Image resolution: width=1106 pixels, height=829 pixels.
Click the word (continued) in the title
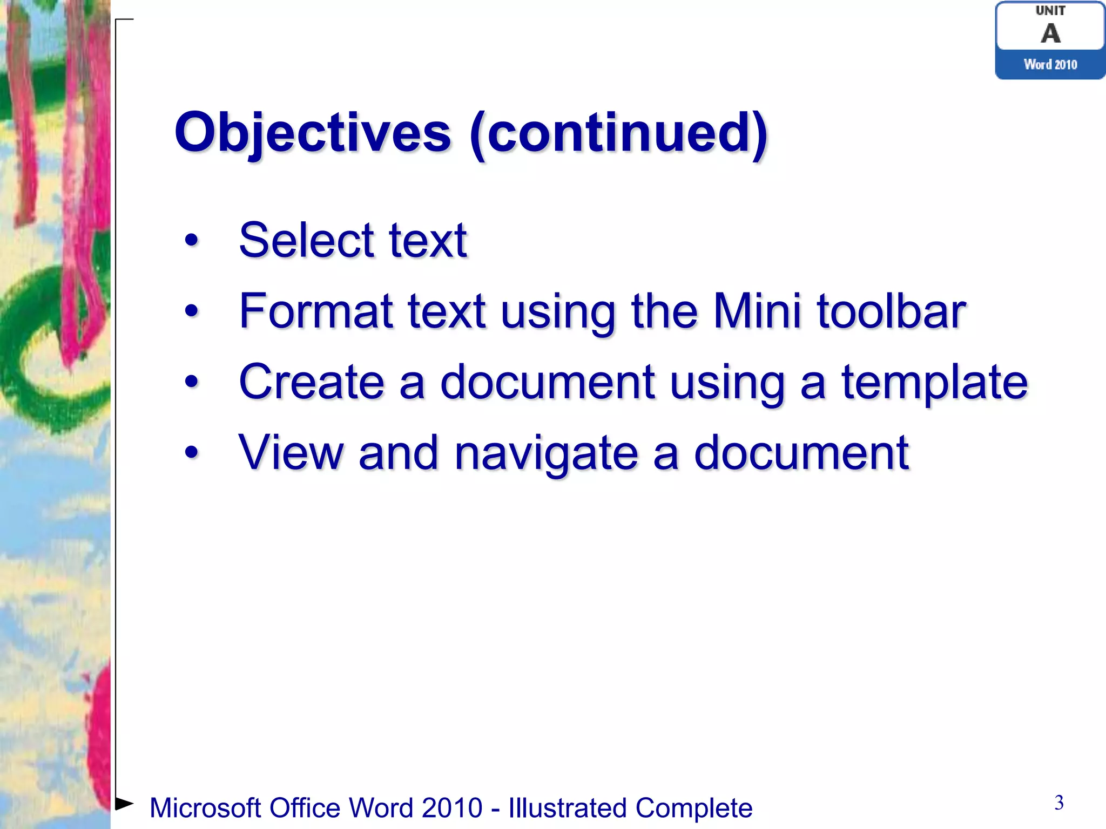point(618,132)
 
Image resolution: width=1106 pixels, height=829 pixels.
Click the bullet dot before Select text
point(191,240)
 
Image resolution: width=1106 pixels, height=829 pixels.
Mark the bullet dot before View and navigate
point(191,452)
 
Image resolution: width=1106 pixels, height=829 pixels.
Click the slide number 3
point(1059,803)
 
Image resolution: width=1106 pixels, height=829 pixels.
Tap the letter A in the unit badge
point(1050,33)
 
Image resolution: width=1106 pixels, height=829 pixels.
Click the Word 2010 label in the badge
point(1050,65)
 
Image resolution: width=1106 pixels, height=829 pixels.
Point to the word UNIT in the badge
point(1050,10)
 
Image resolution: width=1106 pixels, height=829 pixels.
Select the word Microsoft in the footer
point(205,808)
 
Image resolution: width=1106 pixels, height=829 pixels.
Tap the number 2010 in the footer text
point(452,808)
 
